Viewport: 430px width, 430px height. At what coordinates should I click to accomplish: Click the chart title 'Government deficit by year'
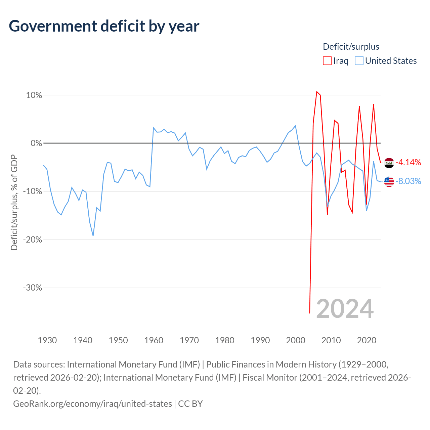104,26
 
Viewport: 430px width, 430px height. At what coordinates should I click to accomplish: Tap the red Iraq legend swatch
327,61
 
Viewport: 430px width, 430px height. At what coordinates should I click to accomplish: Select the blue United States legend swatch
359,61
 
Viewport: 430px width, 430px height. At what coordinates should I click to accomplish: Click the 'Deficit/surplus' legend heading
351,47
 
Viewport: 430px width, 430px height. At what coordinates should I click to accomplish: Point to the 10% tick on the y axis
34,95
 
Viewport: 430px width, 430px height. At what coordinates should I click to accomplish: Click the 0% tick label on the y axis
36,143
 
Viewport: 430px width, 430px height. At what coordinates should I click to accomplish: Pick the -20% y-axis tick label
33,240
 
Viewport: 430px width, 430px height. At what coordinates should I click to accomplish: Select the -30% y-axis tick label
33,288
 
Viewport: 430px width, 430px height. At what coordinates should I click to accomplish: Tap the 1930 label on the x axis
47,340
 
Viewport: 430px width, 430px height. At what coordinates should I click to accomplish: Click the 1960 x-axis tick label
154,340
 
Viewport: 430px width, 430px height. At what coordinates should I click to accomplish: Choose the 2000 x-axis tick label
296,340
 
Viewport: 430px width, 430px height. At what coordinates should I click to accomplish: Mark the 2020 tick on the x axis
367,340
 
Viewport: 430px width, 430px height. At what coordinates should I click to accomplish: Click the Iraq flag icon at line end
389,163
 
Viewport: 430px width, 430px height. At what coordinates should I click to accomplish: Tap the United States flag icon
389,182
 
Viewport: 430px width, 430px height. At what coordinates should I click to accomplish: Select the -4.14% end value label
408,163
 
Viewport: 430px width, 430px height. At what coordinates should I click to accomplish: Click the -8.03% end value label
408,181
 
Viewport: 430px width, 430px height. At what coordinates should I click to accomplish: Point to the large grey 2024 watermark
345,309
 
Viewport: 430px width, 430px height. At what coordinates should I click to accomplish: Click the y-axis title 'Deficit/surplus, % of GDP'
14,202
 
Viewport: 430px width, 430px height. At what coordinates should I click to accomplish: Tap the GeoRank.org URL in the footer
93,404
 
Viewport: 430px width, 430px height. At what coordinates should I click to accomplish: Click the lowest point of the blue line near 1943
93,236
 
